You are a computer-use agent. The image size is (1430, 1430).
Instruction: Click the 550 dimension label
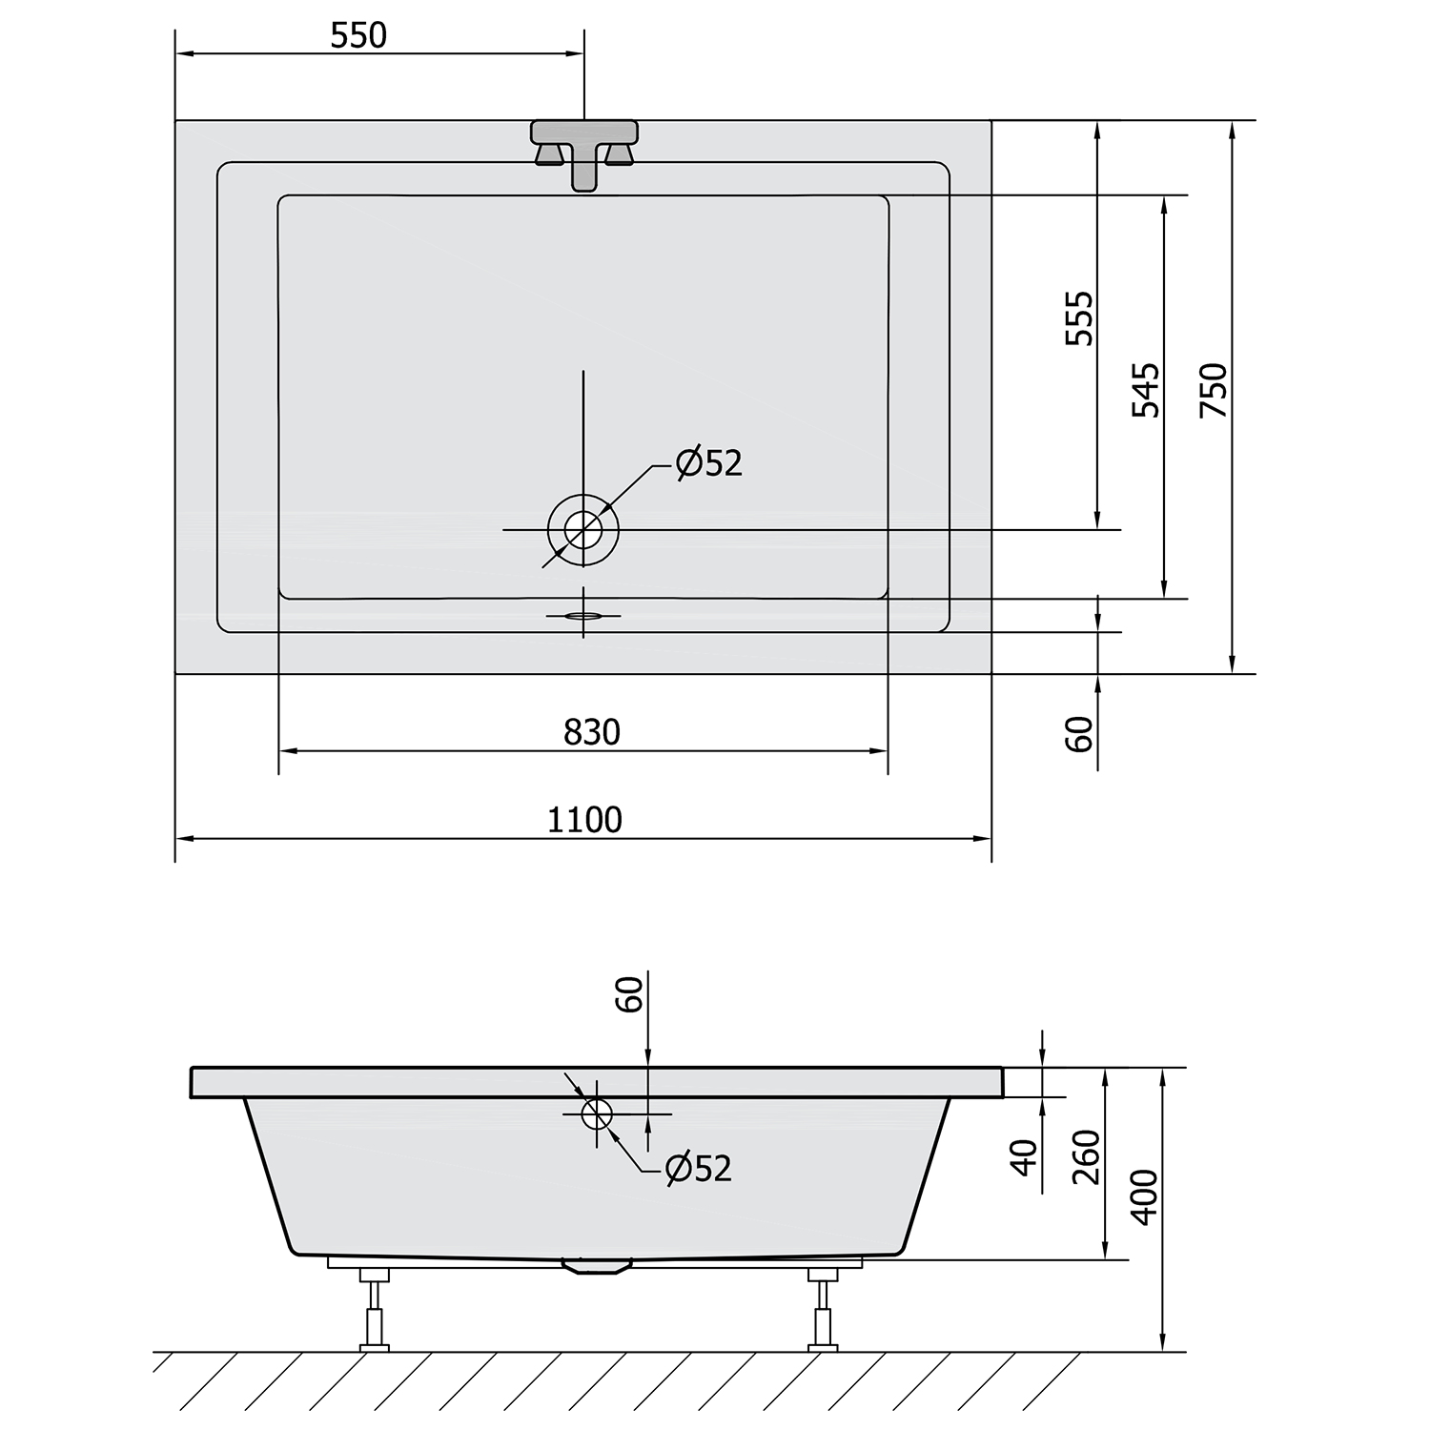coord(359,35)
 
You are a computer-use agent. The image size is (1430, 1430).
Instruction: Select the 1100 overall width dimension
coord(584,820)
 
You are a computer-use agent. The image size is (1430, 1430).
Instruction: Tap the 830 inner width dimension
coord(592,732)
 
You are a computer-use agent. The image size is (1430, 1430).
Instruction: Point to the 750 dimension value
coord(1214,390)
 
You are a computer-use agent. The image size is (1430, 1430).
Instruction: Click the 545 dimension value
coord(1146,390)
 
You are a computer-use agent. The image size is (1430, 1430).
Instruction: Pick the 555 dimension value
coord(1080,318)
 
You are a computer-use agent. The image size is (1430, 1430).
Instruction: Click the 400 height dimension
coord(1145,1197)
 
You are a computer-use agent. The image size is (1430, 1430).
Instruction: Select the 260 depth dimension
coord(1087,1156)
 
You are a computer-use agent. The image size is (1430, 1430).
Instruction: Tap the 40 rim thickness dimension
coord(1024,1156)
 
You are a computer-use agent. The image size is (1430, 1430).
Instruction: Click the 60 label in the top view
coord(1079,733)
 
